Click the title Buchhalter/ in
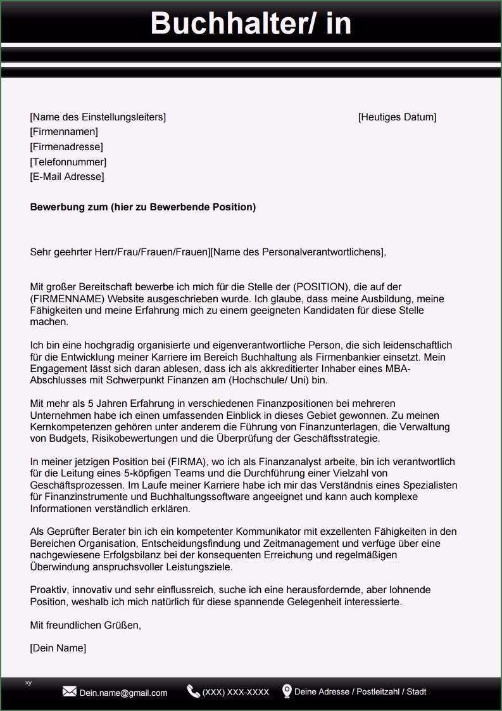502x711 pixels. tap(251, 23)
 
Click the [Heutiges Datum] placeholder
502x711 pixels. tap(397, 117)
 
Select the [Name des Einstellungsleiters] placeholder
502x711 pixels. tap(98, 117)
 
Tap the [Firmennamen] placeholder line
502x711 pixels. tap(64, 132)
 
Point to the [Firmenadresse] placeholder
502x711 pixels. tap(66, 147)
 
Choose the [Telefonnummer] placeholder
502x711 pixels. tap(68, 162)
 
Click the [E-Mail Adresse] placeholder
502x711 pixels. tap(67, 177)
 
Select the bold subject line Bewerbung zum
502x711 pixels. tap(143, 207)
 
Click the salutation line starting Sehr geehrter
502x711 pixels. tap(208, 252)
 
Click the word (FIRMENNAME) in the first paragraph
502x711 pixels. tap(68, 298)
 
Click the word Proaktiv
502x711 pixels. tap(49, 590)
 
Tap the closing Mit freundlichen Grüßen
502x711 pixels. tap(85, 625)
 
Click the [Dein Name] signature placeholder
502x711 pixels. tap(58, 648)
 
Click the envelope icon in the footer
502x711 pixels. tap(70, 692)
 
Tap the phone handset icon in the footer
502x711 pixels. tap(193, 691)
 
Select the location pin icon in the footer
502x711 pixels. tap(287, 691)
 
